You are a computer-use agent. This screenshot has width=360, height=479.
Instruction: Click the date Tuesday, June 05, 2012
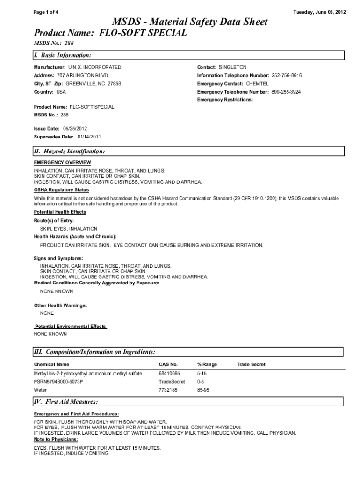(319, 12)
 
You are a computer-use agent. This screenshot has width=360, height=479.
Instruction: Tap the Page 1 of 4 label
(46, 12)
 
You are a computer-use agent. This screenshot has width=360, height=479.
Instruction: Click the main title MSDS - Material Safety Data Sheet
(189, 22)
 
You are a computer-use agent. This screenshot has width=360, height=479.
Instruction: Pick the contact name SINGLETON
(232, 67)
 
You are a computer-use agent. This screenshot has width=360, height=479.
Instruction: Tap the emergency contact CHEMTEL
(257, 83)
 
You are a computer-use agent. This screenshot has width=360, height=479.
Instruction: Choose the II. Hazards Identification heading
(69, 152)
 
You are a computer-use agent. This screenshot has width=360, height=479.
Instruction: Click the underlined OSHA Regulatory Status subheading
(61, 190)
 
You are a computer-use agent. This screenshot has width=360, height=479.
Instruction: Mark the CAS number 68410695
(169, 373)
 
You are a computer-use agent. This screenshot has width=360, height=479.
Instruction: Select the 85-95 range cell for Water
(203, 389)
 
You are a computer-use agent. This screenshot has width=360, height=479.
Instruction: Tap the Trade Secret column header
(251, 364)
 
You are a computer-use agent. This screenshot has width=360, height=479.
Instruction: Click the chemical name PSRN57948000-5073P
(58, 381)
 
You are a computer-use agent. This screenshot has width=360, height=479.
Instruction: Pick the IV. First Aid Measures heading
(65, 402)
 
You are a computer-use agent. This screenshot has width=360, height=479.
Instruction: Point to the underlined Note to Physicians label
(56, 440)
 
